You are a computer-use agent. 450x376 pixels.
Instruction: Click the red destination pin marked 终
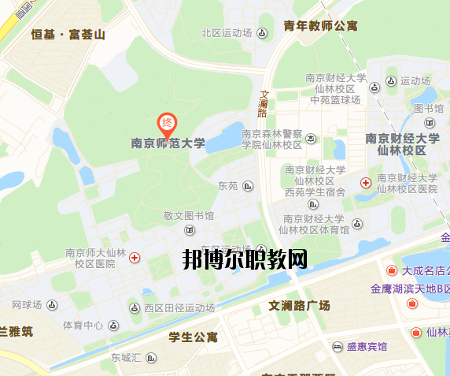(x=167, y=124)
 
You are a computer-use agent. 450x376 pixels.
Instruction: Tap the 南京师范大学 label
(x=168, y=143)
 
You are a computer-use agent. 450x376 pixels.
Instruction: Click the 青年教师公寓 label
(x=320, y=26)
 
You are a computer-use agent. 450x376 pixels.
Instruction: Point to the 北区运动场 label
(x=226, y=33)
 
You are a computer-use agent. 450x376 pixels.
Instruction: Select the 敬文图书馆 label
(x=189, y=215)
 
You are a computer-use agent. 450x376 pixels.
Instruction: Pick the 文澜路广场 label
(x=299, y=305)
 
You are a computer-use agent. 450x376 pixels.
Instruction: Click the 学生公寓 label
(x=193, y=337)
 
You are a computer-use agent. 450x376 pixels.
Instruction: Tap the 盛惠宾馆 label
(x=366, y=347)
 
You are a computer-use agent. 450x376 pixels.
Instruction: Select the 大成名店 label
(x=425, y=270)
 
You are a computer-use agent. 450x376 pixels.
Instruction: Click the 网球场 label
(x=28, y=304)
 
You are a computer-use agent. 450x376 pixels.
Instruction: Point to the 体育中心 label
(x=83, y=325)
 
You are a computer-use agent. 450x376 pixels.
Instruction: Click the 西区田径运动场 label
(x=179, y=307)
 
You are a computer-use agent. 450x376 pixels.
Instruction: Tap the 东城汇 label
(x=125, y=358)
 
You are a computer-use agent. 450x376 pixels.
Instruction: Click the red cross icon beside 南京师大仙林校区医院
(x=135, y=257)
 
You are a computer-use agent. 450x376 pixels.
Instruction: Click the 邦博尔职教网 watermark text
(x=245, y=258)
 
